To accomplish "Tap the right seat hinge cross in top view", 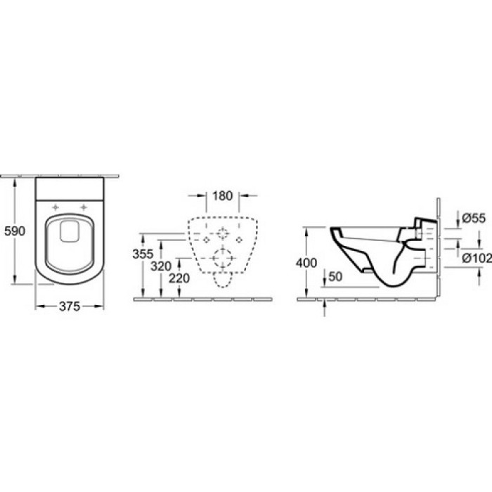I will (x=86, y=207).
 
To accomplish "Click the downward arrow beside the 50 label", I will (x=324, y=281).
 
